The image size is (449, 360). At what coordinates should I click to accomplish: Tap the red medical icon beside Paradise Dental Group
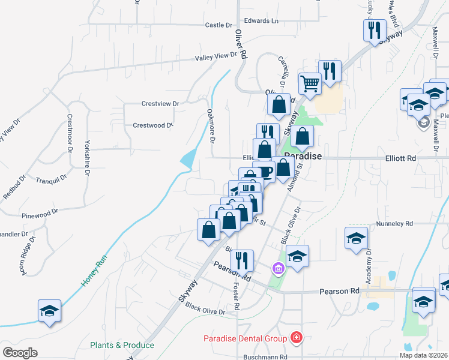tap(295, 338)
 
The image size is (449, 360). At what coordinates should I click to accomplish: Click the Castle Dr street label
tap(218, 25)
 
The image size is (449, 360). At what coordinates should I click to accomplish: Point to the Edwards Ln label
tap(266, 20)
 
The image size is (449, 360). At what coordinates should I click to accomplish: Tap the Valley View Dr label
tap(216, 56)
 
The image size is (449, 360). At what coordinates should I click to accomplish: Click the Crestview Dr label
tap(160, 104)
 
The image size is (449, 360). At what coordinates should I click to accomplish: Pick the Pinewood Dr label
tap(39, 212)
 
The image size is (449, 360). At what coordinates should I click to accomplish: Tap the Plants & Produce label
tap(122, 345)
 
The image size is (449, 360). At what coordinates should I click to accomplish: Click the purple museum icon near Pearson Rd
tap(278, 268)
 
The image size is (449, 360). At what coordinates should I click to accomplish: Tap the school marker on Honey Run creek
tap(49, 310)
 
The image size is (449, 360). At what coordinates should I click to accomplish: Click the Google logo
tap(20, 353)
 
